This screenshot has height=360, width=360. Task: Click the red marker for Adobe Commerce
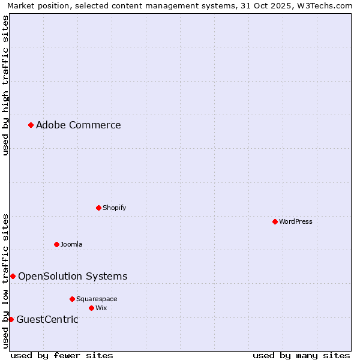pos(31,125)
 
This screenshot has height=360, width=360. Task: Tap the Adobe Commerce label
pos(78,125)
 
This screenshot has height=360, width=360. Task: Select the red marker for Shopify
pos(98,208)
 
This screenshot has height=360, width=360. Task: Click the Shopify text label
pos(114,208)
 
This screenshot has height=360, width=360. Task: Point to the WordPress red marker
pos(275,221)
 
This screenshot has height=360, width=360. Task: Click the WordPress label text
pos(295,221)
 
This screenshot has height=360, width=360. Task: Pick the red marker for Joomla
pos(56,244)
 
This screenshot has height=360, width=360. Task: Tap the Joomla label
pos(71,244)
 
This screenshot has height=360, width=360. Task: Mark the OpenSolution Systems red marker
pos(13,276)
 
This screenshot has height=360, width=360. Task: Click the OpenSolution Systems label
pos(73,277)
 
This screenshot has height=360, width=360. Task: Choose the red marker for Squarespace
pos(72,299)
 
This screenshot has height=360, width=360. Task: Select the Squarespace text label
pos(97,299)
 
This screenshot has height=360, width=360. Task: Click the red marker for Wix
pos(91,308)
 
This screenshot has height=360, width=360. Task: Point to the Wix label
pos(101,308)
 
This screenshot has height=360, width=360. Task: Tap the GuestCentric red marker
pos(11,319)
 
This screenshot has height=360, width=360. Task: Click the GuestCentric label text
pos(47,319)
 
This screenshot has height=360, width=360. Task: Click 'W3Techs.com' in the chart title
pos(323,5)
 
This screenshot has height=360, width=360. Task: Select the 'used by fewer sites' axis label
pos(62,355)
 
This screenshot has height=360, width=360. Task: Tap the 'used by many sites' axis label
pos(301,355)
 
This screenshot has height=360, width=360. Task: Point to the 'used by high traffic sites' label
pos(5,85)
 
